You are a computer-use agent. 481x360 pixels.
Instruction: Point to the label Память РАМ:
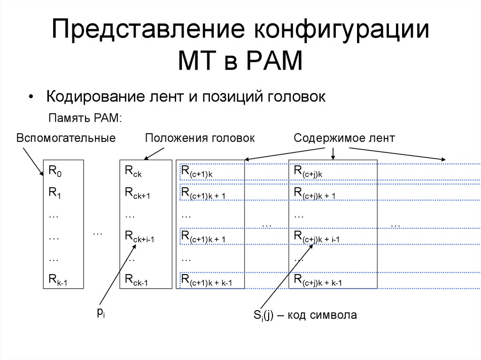click(85, 117)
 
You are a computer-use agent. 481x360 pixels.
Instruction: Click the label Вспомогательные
click(66, 138)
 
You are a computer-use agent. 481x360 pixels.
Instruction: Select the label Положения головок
click(200, 138)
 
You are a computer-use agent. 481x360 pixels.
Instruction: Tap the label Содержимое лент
click(344, 138)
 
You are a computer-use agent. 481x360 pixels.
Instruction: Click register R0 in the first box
click(55, 171)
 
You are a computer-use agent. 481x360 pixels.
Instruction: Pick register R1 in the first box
click(55, 193)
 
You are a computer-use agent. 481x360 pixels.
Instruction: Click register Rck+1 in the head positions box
click(137, 193)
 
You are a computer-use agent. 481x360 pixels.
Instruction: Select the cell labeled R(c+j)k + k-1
click(318, 281)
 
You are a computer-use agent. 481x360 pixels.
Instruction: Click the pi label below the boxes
click(101, 313)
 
